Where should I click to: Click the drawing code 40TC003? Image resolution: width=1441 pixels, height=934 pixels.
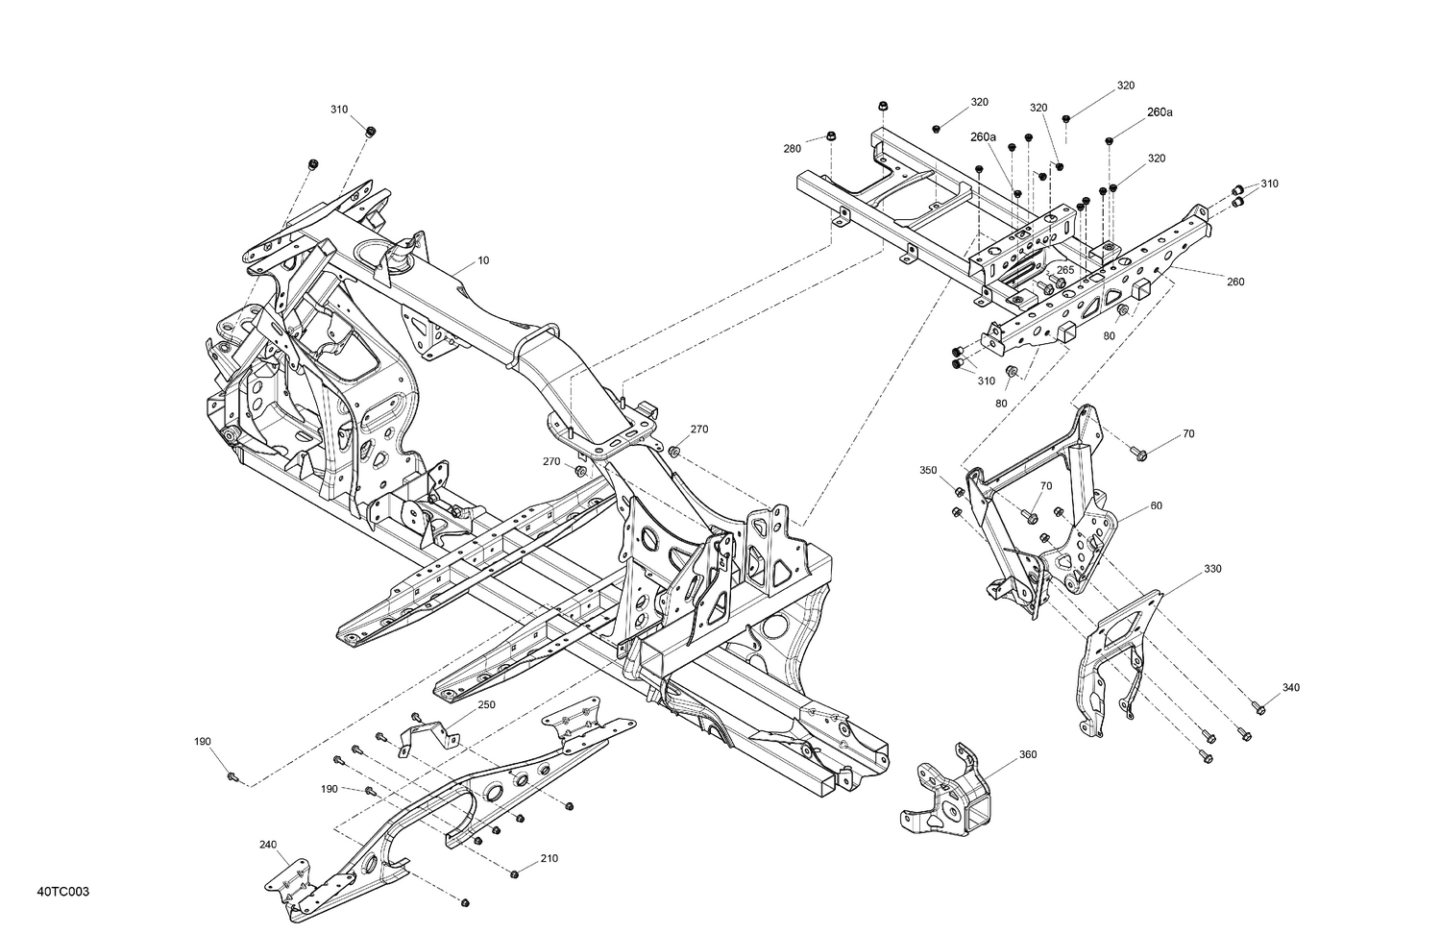pos(64,893)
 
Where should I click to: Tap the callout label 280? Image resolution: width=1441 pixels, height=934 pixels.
pos(792,149)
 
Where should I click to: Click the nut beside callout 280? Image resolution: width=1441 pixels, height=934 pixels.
pos(830,136)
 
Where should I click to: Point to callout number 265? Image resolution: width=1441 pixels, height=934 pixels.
pos(1065,271)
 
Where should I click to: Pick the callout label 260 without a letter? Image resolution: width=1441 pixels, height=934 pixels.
pos(1235,282)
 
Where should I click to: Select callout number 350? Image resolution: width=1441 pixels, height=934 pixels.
pos(928,470)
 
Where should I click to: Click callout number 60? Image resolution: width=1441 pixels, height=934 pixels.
pos(1156,505)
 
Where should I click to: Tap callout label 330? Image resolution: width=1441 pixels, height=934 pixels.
pos(1212,569)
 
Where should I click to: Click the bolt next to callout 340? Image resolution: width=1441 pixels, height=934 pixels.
pos(1260,709)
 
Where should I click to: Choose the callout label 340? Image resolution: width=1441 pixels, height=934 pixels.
pos(1291,687)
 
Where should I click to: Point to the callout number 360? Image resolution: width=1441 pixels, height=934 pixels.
pos(1028,754)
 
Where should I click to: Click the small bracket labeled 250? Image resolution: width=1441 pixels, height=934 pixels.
pos(427,739)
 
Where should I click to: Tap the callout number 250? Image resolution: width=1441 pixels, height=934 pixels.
pos(487,705)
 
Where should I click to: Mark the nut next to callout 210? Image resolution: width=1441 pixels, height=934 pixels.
pos(513,873)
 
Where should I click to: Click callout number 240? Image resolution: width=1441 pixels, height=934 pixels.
pos(268,845)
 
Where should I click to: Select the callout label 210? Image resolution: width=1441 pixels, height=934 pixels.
pos(549,858)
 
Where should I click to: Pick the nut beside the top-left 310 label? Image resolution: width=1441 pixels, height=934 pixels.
pos(371,131)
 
